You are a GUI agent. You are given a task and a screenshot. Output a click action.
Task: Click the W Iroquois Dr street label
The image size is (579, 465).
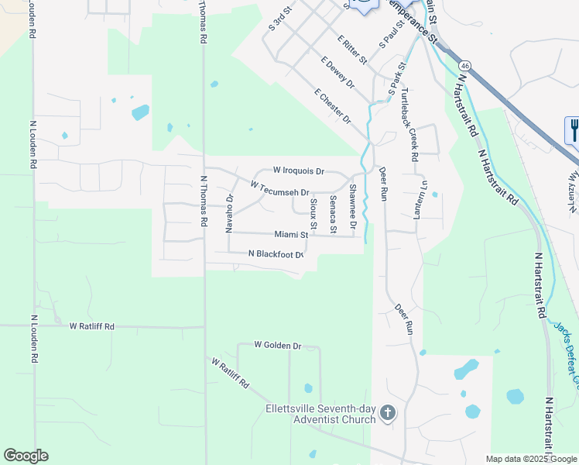(x=298, y=170)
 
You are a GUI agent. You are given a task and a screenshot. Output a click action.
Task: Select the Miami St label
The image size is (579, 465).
(x=291, y=234)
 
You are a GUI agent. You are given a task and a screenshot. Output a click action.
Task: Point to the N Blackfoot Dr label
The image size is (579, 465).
(x=274, y=254)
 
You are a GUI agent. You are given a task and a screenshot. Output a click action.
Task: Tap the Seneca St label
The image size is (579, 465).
(x=333, y=214)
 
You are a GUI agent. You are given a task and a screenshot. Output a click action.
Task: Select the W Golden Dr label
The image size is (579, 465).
(x=277, y=345)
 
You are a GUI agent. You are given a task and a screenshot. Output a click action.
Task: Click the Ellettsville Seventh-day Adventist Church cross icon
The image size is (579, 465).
(x=388, y=414)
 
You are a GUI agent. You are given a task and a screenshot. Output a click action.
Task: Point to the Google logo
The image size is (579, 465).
(x=26, y=456)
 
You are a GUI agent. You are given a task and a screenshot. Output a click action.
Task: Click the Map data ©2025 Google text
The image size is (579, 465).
(x=530, y=459)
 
